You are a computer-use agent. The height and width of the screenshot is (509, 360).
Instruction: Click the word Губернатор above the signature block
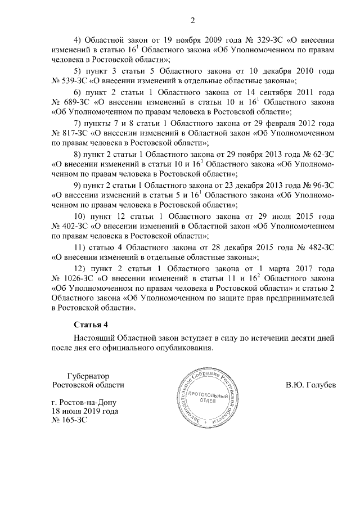pos(87,375)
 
